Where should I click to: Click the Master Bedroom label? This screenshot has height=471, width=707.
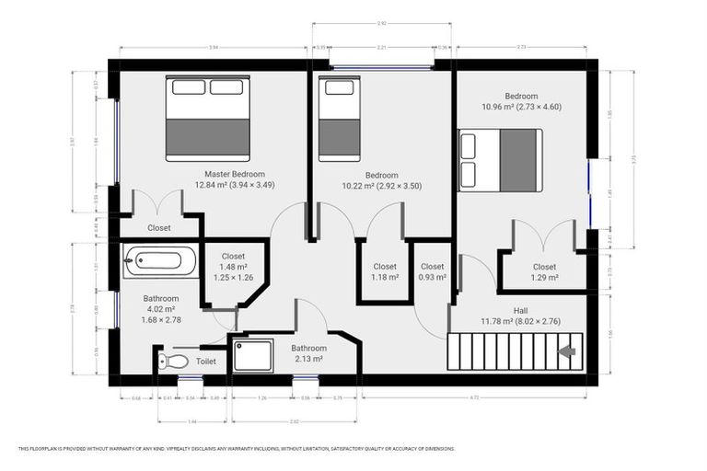[235, 174]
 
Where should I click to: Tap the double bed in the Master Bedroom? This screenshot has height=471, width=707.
[208, 119]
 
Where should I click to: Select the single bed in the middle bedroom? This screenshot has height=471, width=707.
[339, 119]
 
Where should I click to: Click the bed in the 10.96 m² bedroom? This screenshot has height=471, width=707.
[501, 160]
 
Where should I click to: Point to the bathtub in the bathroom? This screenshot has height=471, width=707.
[160, 261]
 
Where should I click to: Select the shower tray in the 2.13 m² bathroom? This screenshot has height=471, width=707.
[252, 354]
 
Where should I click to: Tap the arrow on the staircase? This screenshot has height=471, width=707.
[567, 350]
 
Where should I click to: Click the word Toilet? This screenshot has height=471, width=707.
[206, 362]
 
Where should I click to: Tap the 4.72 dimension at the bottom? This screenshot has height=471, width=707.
[474, 398]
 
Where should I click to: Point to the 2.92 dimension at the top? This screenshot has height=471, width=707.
[380, 23]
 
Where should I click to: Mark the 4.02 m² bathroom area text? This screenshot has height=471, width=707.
[160, 309]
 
